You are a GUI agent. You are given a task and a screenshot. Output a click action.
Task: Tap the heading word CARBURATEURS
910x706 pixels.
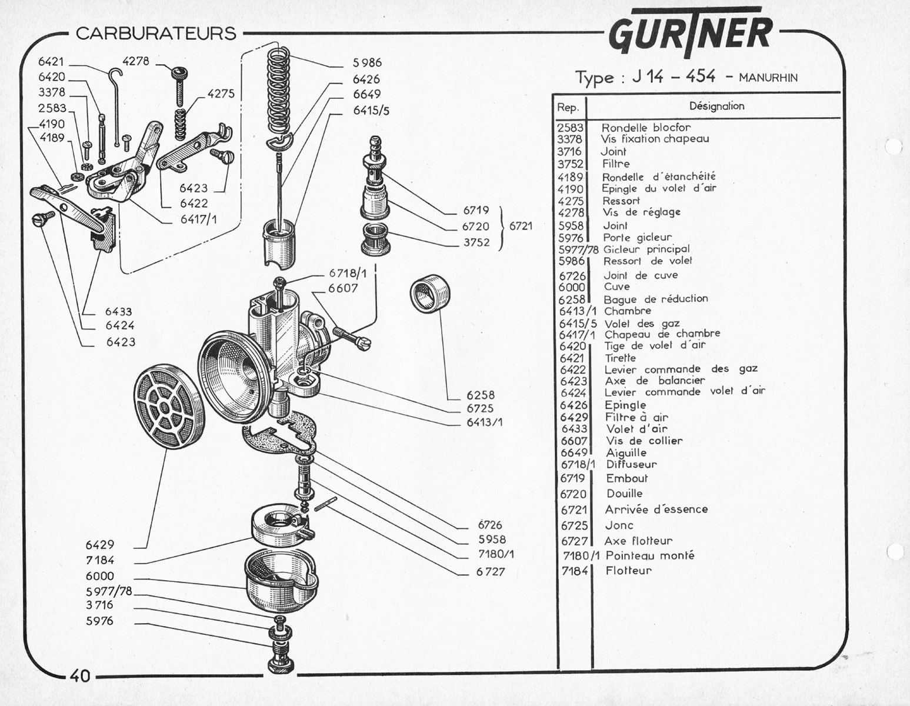point(156,34)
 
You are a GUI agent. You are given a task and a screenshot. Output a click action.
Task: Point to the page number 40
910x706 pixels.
point(80,675)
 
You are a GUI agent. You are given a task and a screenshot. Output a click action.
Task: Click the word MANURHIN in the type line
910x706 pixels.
point(768,78)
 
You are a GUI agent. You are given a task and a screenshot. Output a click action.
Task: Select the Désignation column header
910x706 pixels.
point(716,106)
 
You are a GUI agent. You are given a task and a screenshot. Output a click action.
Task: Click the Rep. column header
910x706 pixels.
point(568,108)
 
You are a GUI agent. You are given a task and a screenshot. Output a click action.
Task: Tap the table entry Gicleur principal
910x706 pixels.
point(646,249)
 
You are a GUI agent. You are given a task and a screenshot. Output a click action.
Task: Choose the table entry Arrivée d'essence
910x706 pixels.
point(656,509)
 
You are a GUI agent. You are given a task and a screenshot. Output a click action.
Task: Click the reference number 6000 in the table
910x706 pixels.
point(572,287)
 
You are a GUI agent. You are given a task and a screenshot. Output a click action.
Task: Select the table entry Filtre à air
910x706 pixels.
point(636,417)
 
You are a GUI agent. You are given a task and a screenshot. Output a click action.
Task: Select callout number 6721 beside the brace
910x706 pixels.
point(521,226)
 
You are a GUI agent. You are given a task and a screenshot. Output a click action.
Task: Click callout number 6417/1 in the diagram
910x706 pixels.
point(198,219)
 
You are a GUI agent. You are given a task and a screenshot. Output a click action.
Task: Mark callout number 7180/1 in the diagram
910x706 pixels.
point(496,554)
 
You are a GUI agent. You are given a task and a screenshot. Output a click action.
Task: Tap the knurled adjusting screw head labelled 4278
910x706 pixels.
point(179,72)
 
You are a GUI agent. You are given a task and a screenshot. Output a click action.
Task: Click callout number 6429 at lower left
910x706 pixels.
point(99,545)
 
